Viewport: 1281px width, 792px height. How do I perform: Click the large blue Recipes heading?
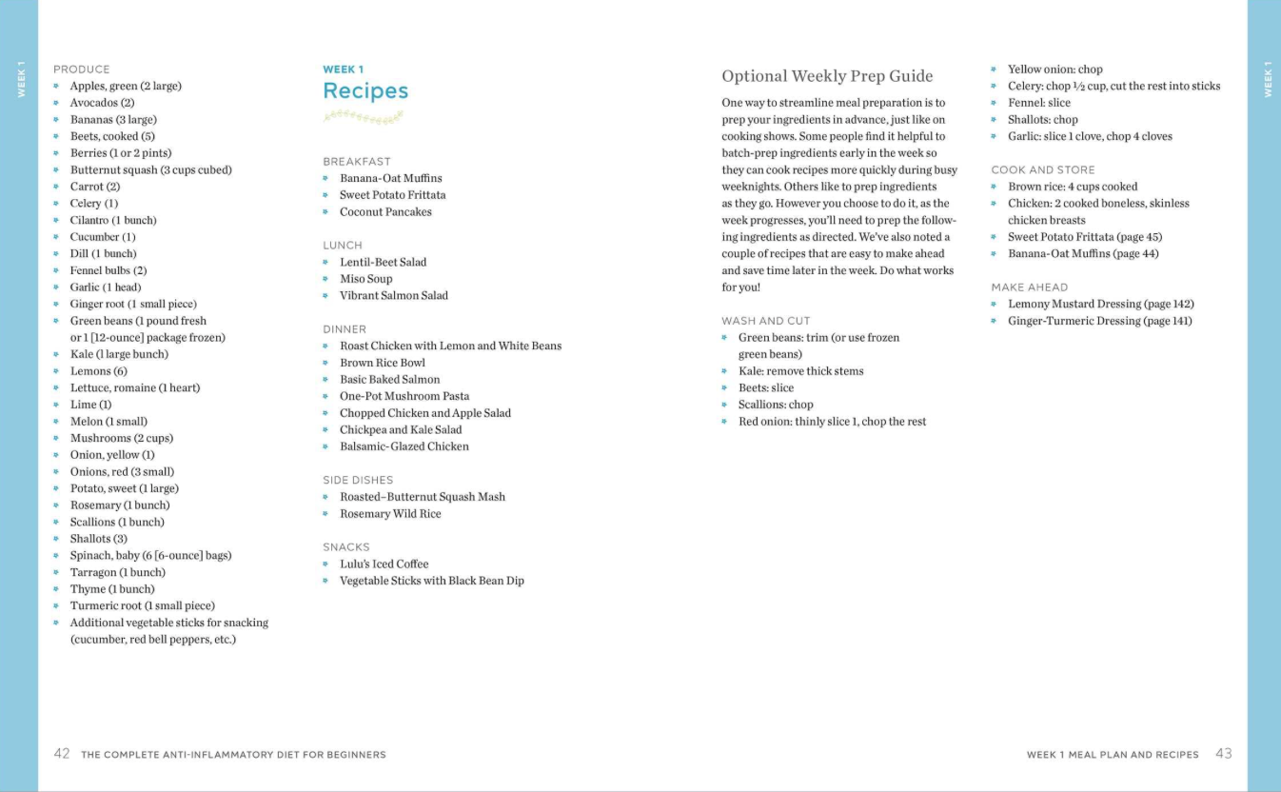[365, 91]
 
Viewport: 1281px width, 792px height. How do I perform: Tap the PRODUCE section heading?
[82, 69]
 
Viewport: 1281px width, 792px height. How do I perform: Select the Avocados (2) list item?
[102, 103]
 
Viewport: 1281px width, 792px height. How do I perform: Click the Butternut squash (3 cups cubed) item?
[150, 170]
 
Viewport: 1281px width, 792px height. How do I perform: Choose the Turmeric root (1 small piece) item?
[142, 606]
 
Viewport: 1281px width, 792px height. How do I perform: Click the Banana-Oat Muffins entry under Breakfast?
[390, 179]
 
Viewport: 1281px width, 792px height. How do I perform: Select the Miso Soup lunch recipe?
[365, 279]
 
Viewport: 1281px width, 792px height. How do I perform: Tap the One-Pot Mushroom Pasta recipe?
[404, 396]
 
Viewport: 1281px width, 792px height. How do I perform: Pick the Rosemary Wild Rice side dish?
[390, 514]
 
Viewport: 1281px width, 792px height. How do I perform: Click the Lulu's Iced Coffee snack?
[384, 564]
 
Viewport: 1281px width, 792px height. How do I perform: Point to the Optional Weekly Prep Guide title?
[827, 76]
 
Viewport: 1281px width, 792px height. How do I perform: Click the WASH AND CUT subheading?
[766, 321]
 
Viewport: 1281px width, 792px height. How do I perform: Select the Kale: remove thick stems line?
[800, 371]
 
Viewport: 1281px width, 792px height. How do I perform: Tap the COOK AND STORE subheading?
[1043, 170]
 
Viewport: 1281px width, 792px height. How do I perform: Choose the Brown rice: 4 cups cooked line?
[1073, 187]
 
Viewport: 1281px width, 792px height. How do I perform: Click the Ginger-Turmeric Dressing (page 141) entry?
[1099, 321]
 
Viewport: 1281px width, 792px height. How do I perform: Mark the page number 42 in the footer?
[62, 754]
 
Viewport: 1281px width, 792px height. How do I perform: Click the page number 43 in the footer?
[1224, 754]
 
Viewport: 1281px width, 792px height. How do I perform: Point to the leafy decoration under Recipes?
[363, 117]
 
